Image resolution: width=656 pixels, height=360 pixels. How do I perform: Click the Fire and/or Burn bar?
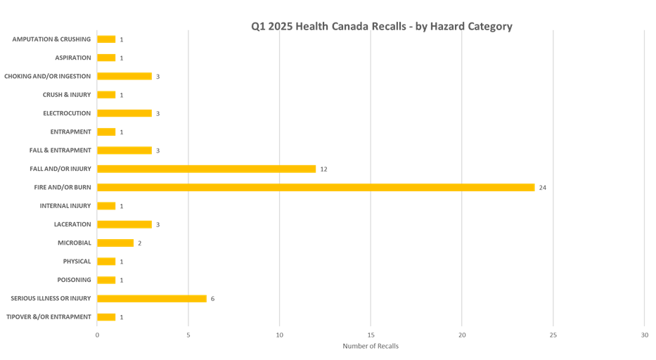click(x=316, y=188)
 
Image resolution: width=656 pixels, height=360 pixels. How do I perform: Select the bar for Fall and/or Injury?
click(x=207, y=169)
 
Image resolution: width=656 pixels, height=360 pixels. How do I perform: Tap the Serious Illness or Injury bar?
click(x=152, y=299)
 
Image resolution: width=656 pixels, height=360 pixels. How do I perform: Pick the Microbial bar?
click(x=115, y=243)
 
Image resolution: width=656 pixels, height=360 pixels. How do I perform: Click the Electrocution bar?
click(x=124, y=113)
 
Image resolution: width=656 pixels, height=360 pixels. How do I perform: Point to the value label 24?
click(x=542, y=188)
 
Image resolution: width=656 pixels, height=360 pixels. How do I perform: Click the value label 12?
click(x=323, y=169)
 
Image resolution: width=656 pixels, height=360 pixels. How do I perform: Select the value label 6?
click(x=212, y=299)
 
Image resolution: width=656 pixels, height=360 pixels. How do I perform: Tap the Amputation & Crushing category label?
click(x=51, y=39)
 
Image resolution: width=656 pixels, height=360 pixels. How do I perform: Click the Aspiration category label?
click(x=73, y=58)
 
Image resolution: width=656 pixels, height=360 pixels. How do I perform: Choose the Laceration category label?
click(x=72, y=224)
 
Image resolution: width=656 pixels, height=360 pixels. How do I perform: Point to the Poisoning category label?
click(x=74, y=280)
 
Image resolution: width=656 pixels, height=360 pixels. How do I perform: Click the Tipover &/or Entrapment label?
click(x=49, y=317)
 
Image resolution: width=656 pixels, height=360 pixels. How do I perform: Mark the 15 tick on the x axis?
click(x=371, y=335)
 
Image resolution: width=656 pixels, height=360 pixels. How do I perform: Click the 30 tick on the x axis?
click(x=644, y=335)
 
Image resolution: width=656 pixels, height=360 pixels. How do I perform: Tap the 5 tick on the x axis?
click(x=188, y=335)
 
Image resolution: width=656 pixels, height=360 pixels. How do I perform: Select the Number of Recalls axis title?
click(x=370, y=346)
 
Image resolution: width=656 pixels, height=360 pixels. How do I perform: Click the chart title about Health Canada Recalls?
click(x=382, y=27)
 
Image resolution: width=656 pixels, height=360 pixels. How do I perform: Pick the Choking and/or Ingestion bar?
click(x=124, y=76)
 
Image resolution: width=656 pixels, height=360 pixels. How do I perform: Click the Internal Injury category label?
click(x=65, y=206)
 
